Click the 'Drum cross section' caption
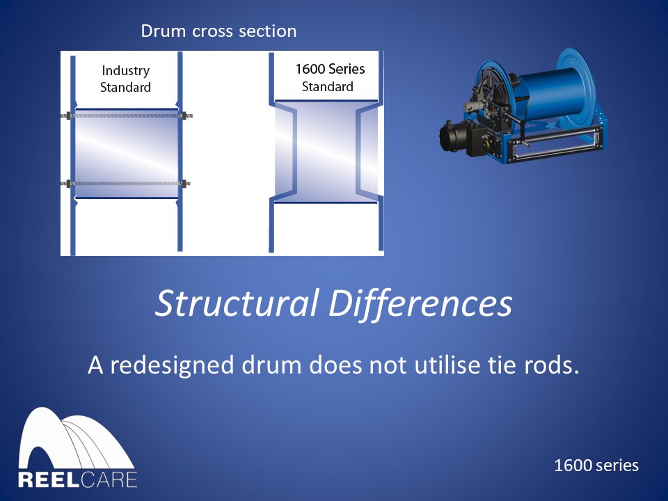[218, 31]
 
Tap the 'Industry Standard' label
[125, 79]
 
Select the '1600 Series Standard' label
[329, 78]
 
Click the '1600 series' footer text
[596, 466]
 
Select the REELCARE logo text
[77, 480]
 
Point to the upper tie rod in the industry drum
[126, 116]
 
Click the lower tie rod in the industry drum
[126, 184]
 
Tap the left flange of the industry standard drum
[72, 153]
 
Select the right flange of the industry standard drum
[180, 153]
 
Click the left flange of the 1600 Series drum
[273, 153]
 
